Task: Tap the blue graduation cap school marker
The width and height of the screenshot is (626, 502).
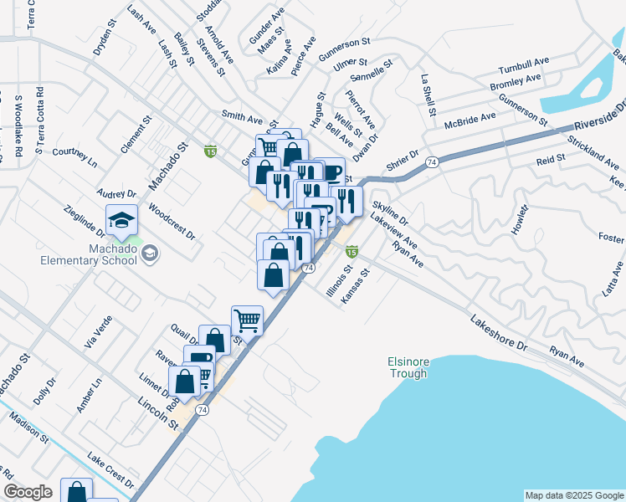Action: [x=121, y=219]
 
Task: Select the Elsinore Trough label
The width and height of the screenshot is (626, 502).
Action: [x=408, y=367]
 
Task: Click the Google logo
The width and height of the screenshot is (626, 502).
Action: [x=28, y=492]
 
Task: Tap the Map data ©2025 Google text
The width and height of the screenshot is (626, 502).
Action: [x=573, y=495]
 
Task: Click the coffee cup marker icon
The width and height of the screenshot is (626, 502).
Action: [x=332, y=172]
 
